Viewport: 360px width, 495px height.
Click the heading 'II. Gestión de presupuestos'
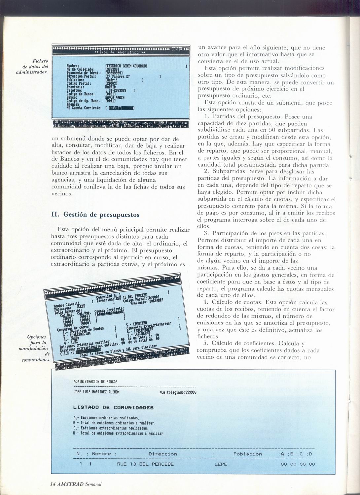pos(95,214)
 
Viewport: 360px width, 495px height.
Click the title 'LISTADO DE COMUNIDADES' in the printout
pos(113,408)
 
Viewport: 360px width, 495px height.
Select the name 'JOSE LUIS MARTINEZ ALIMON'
pos(96,392)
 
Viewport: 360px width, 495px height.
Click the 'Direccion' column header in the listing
pos(162,454)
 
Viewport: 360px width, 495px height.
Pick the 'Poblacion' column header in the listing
pos(247,454)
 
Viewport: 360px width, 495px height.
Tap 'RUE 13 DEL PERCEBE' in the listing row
pos(145,464)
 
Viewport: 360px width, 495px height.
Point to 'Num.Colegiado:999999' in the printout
pos(178,392)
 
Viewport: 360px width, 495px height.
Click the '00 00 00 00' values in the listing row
pos(298,464)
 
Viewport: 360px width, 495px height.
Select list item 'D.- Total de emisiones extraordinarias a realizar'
pos(119,433)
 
